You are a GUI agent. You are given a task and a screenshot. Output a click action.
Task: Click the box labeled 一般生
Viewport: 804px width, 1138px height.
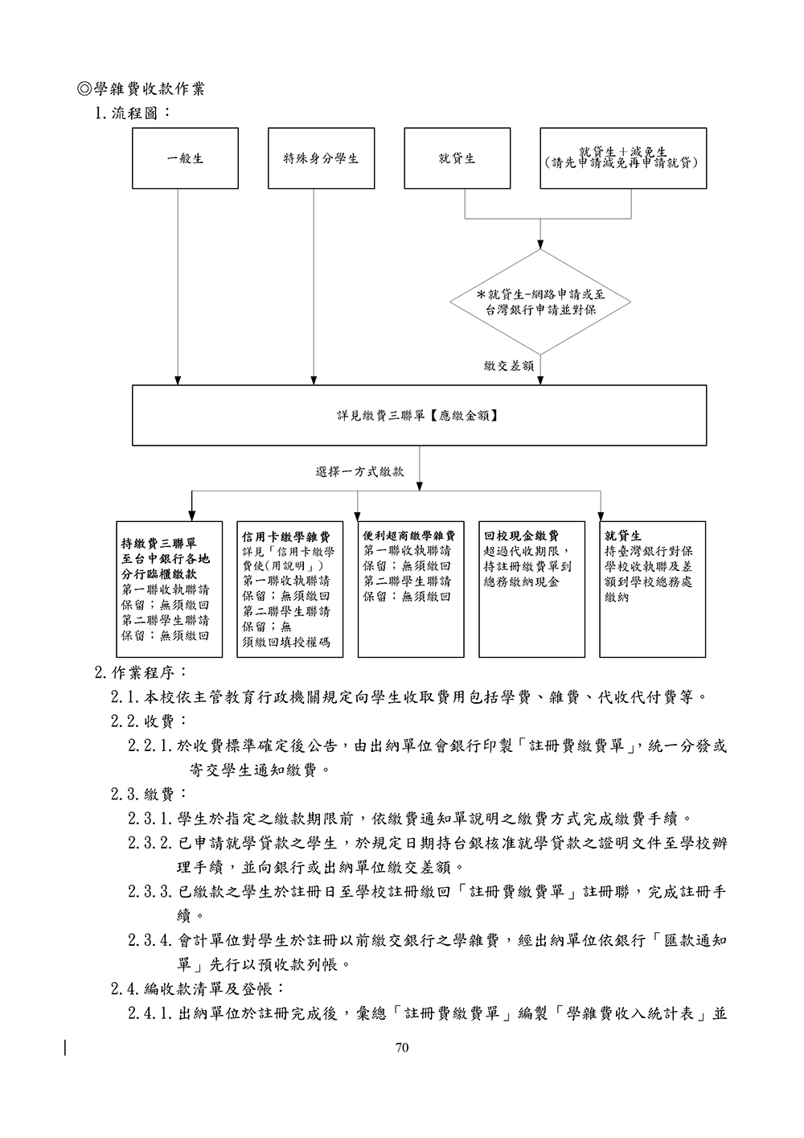(185, 158)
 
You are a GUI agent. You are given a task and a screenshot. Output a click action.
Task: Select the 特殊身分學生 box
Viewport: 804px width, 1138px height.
(321, 158)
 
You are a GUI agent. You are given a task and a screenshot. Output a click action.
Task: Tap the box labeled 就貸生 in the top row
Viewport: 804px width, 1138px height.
(457, 158)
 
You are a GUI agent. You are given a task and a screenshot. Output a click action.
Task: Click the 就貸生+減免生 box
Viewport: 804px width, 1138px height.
(623, 158)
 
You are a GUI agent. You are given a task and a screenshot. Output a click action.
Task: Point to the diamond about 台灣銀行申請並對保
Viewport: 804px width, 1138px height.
(540, 302)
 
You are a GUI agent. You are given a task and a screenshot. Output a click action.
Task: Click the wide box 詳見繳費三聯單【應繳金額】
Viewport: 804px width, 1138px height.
(419, 415)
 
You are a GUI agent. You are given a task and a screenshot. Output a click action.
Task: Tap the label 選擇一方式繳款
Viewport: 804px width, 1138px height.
(359, 471)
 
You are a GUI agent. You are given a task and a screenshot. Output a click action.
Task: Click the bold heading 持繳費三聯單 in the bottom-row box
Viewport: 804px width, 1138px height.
(158, 544)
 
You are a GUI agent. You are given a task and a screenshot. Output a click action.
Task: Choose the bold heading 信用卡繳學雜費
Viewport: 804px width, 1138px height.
(286, 536)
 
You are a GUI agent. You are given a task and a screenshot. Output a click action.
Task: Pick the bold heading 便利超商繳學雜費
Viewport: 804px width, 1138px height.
(409, 536)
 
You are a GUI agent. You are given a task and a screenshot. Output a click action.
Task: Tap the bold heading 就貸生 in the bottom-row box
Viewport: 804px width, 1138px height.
(623, 536)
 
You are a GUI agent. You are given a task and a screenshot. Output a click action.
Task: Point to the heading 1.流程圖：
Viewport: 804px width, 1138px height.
(133, 113)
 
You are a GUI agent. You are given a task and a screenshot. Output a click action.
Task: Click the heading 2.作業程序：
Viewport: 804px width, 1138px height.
(142, 672)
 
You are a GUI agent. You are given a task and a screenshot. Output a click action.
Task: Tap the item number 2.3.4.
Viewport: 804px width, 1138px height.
(151, 940)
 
